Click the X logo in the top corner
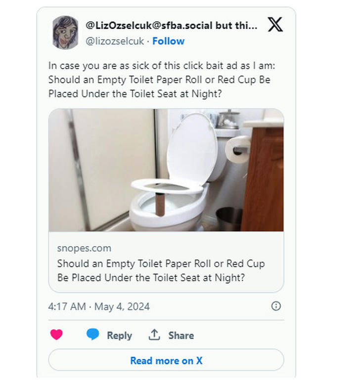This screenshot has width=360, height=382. pos(275,25)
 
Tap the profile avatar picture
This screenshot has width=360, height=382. pos(65,32)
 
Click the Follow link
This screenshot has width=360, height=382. pos(169,41)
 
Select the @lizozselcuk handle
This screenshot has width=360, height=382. pos(115,41)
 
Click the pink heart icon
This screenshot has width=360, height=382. pos(57,335)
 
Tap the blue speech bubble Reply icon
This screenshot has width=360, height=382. pos(92,335)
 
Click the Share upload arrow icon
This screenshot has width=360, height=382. pos(154,335)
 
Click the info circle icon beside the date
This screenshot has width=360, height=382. pos(276,306)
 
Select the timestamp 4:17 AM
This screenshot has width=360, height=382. pos(67,306)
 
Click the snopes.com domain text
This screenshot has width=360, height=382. pos(84,248)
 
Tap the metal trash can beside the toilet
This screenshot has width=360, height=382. pos(229,218)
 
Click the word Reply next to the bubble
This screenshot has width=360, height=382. pos(119,336)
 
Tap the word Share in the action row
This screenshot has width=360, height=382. pos(181,336)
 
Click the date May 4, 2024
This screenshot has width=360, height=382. pos(122,306)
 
